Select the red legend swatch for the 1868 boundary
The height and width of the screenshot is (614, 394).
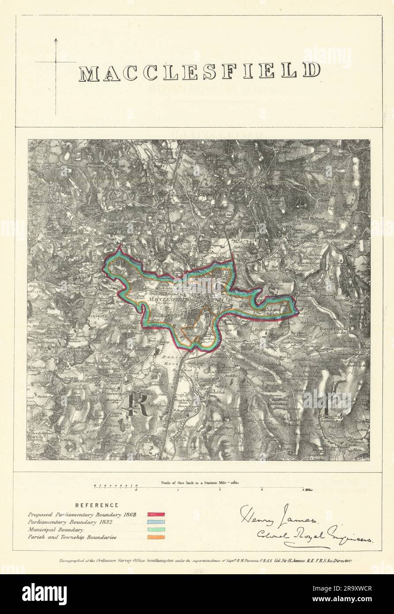click(x=156, y=515)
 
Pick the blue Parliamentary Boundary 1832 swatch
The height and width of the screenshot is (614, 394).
click(x=156, y=522)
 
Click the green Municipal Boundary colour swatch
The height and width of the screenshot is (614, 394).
click(x=156, y=530)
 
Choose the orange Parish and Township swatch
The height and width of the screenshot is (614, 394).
click(x=156, y=537)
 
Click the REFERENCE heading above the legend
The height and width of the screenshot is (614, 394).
click(x=97, y=505)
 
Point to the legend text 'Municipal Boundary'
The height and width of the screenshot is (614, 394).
click(x=55, y=530)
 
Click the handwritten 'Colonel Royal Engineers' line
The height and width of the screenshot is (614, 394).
click(x=315, y=535)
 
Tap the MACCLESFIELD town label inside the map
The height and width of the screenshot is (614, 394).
click(x=169, y=300)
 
